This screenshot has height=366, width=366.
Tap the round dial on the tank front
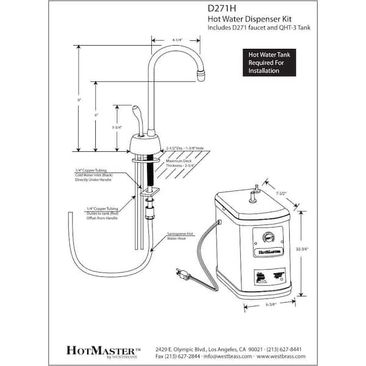266,237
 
